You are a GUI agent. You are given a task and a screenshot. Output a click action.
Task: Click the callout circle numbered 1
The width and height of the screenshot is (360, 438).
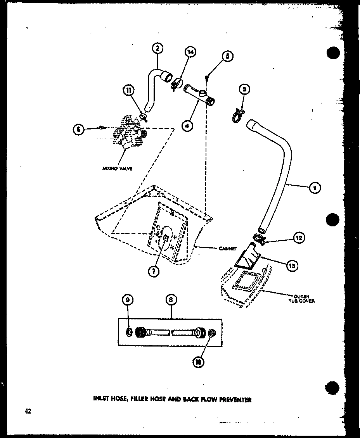315,188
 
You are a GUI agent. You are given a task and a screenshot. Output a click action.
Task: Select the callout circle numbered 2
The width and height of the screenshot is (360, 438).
157,48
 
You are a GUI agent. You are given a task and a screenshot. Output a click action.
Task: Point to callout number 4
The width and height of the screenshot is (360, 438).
188,126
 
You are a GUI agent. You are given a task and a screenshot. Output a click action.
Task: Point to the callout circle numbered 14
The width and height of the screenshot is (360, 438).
191,52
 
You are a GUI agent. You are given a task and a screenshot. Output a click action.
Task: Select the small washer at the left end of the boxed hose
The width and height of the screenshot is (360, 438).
129,332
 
